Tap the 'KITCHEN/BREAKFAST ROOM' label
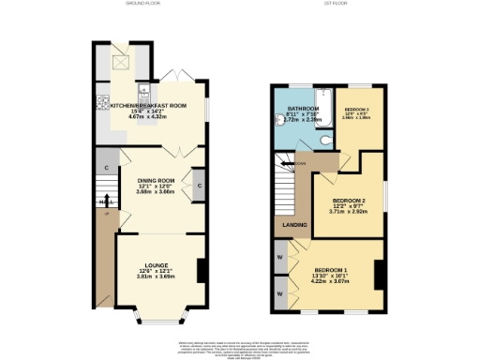[x=149, y=106]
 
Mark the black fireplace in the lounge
[x=201, y=270]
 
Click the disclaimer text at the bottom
[x=239, y=350]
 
